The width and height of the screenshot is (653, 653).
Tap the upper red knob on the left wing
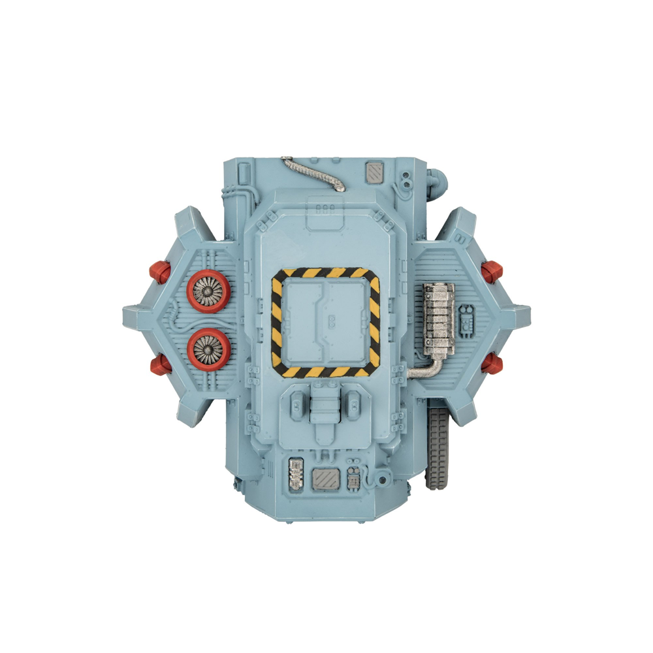(x=159, y=270)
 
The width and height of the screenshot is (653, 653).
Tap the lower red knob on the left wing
(x=159, y=364)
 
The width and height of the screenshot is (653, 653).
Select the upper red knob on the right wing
(x=492, y=269)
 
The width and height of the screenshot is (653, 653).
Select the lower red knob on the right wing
(x=491, y=364)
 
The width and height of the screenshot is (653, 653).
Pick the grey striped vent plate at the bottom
(x=326, y=479)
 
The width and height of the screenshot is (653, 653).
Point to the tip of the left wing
(x=125, y=317)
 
